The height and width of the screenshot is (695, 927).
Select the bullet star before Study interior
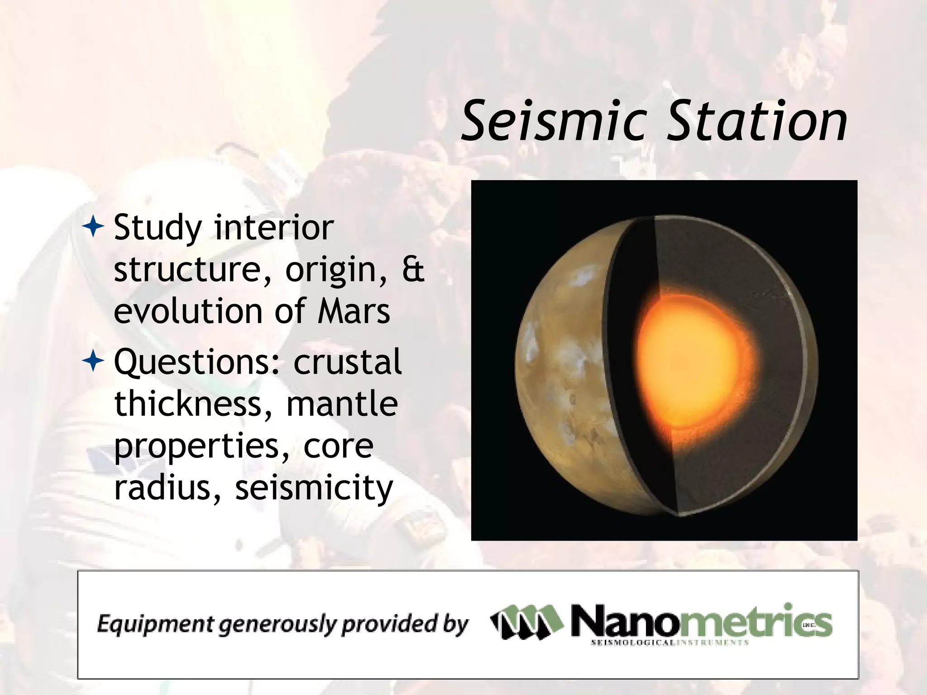click(x=93, y=228)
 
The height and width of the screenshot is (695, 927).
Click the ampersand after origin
click(x=413, y=270)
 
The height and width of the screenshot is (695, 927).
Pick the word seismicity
click(x=314, y=489)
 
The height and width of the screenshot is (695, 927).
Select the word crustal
click(x=347, y=362)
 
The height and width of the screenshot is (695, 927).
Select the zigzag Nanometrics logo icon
click(x=527, y=622)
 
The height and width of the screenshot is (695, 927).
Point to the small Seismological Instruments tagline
click(x=669, y=643)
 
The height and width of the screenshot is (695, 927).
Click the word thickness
click(x=187, y=404)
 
